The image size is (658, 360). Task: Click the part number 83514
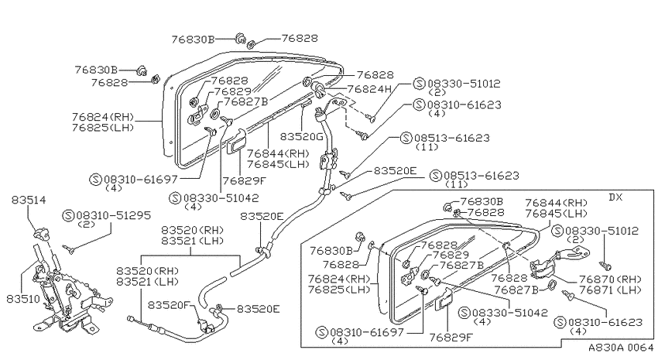click(x=29, y=201)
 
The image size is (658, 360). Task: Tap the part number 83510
click(x=23, y=299)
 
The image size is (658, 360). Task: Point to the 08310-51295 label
click(x=113, y=215)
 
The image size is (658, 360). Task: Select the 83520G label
click(x=301, y=137)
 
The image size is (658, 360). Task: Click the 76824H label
click(x=369, y=89)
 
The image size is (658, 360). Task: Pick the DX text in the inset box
click(x=615, y=197)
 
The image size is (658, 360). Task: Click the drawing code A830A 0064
click(x=621, y=348)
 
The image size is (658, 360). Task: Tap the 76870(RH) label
click(x=610, y=279)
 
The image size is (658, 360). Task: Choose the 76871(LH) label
click(x=610, y=290)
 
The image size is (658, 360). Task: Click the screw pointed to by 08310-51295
click(x=68, y=249)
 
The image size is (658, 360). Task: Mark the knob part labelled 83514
click(x=41, y=232)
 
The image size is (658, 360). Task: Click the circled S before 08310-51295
click(x=68, y=215)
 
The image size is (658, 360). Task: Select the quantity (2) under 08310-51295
click(x=87, y=225)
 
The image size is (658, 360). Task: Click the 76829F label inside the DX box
click(x=451, y=337)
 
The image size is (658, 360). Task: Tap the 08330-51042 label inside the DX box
click(x=510, y=313)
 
